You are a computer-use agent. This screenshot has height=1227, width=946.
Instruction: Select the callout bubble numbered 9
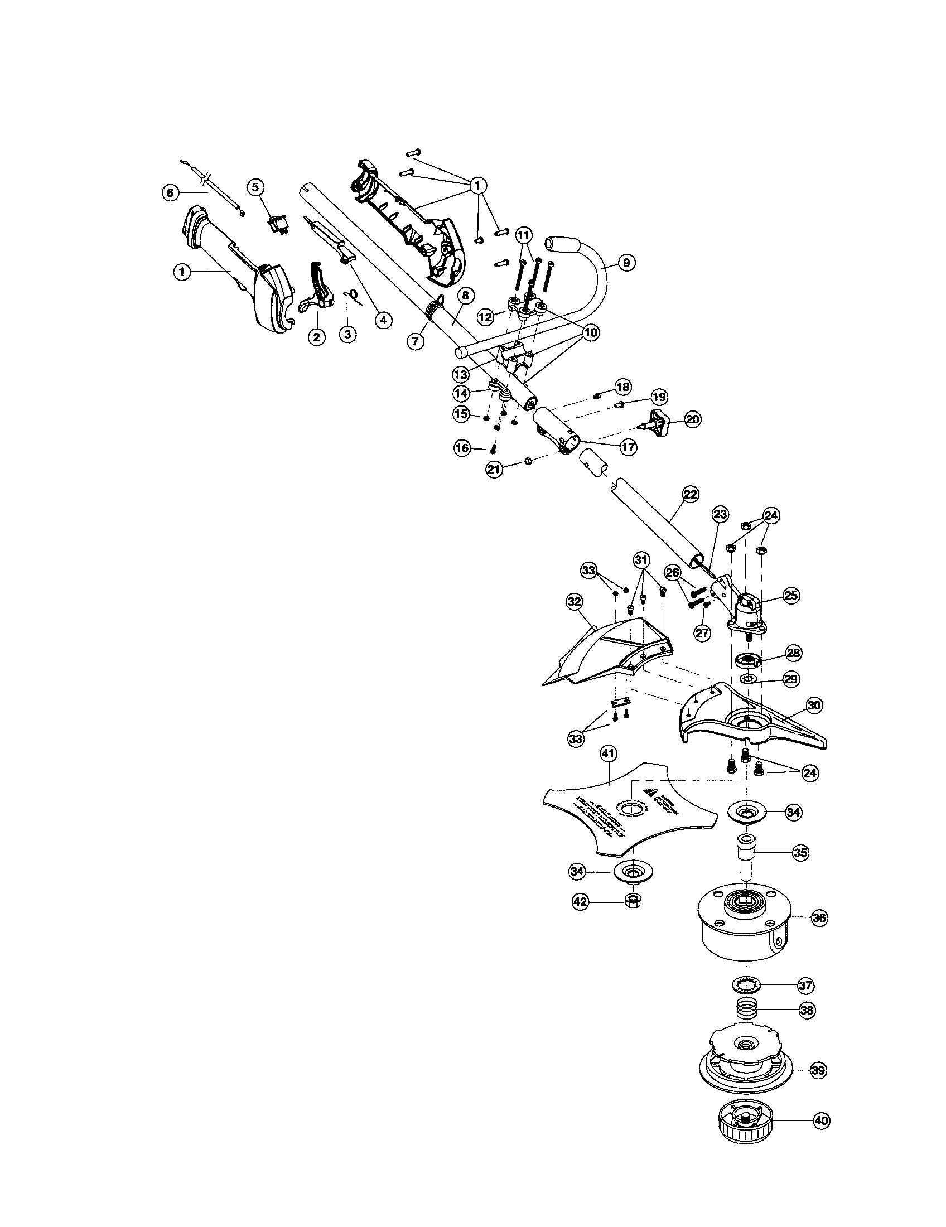click(x=626, y=262)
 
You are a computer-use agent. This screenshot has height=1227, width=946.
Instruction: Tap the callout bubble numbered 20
click(x=693, y=418)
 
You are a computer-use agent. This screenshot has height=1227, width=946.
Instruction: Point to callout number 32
click(x=574, y=601)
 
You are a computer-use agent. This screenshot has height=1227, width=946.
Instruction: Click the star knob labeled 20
click(x=656, y=419)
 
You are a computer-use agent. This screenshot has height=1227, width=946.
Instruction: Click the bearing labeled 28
click(x=747, y=659)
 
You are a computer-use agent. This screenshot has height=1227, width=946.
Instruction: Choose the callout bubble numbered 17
click(x=627, y=447)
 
